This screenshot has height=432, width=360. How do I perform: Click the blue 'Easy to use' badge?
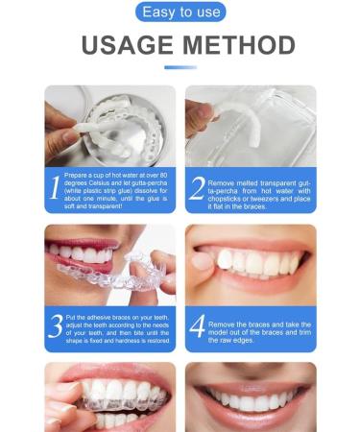tap(180, 12)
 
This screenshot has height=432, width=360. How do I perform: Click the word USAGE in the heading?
tap(128, 45)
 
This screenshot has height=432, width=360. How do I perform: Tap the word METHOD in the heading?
tap(239, 45)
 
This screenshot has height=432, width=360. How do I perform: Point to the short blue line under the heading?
tap(180, 67)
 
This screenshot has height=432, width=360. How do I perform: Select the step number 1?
tap(55, 187)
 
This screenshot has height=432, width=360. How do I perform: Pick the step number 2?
tap(197, 188)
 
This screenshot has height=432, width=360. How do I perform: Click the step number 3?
tap(56, 326)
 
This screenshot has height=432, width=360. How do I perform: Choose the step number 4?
tap(197, 326)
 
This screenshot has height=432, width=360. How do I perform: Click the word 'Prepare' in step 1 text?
tap(76, 176)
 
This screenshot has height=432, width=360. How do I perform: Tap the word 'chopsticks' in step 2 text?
tap(224, 199)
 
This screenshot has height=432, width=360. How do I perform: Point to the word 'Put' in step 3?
tap(70, 318)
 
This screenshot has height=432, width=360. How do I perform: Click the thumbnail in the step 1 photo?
tap(69, 134)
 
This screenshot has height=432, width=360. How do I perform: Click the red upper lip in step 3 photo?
tap(83, 243)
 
